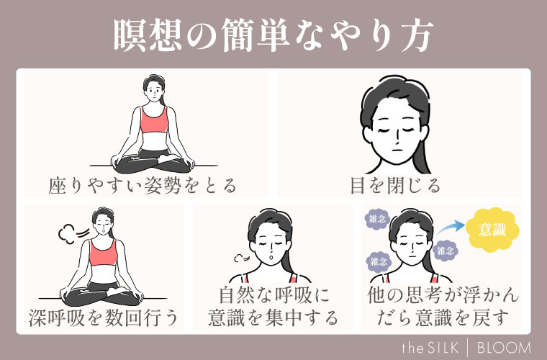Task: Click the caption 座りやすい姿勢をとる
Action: click(143, 186)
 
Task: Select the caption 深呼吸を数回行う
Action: click(104, 316)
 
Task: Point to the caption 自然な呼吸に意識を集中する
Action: click(273, 306)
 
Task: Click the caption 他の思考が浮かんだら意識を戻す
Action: click(442, 306)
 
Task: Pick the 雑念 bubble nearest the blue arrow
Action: click(446, 251)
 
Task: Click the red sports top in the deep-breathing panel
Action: click(104, 253)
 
